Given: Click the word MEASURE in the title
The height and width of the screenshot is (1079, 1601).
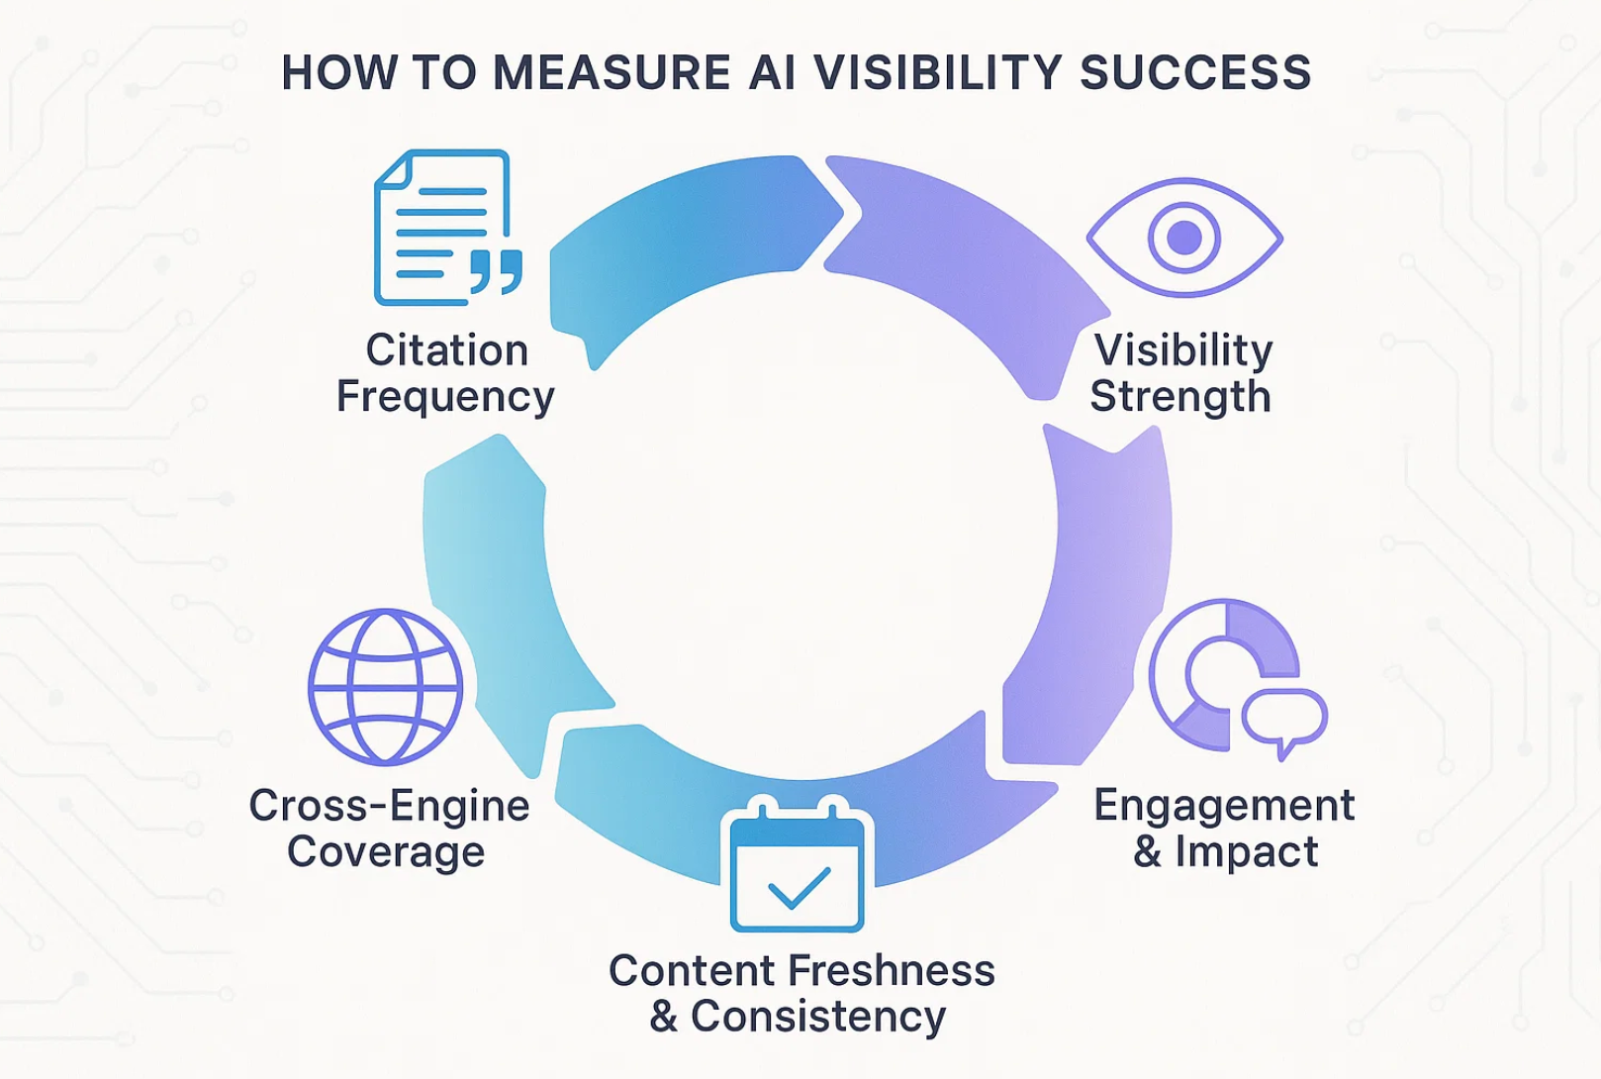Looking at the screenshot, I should (612, 73).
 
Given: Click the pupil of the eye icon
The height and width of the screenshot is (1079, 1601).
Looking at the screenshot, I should (1184, 238).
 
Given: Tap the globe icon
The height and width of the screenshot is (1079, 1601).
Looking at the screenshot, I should (385, 686).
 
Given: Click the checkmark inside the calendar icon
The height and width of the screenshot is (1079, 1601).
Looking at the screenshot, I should (799, 887).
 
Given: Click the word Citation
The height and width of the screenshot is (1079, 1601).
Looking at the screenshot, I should (447, 350).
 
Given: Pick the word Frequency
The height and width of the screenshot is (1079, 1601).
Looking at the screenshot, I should (445, 396).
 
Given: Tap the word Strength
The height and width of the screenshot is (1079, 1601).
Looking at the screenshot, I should (1180, 396).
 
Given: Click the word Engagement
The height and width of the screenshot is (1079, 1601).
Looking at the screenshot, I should (1224, 805).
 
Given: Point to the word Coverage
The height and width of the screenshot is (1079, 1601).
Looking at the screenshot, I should (386, 851).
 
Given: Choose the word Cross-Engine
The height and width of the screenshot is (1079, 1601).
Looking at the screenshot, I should (389, 805).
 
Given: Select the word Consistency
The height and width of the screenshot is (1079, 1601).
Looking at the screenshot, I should (818, 1017).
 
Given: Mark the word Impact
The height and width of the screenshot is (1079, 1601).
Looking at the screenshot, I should (1247, 851).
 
